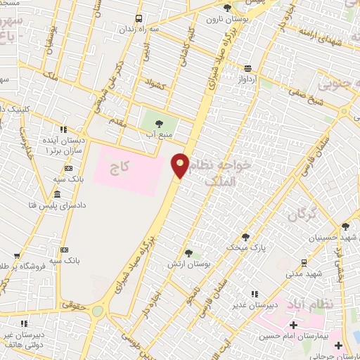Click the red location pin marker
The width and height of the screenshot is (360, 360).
pyautogui.click(x=180, y=166)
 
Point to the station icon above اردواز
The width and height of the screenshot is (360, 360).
pyautogui.click(x=247, y=68)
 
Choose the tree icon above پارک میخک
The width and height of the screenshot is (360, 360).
pyautogui.click(x=245, y=237)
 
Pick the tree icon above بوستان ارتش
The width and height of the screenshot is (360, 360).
pyautogui.click(x=188, y=253)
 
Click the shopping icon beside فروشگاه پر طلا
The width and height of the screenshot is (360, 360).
pyautogui.click(x=16, y=257)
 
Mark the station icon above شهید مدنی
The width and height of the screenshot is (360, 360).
pyautogui.click(x=303, y=262)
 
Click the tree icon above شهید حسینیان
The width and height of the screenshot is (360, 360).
pyautogui.click(x=345, y=226)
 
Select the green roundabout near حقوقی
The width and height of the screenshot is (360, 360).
pyautogui.click(x=97, y=310)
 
